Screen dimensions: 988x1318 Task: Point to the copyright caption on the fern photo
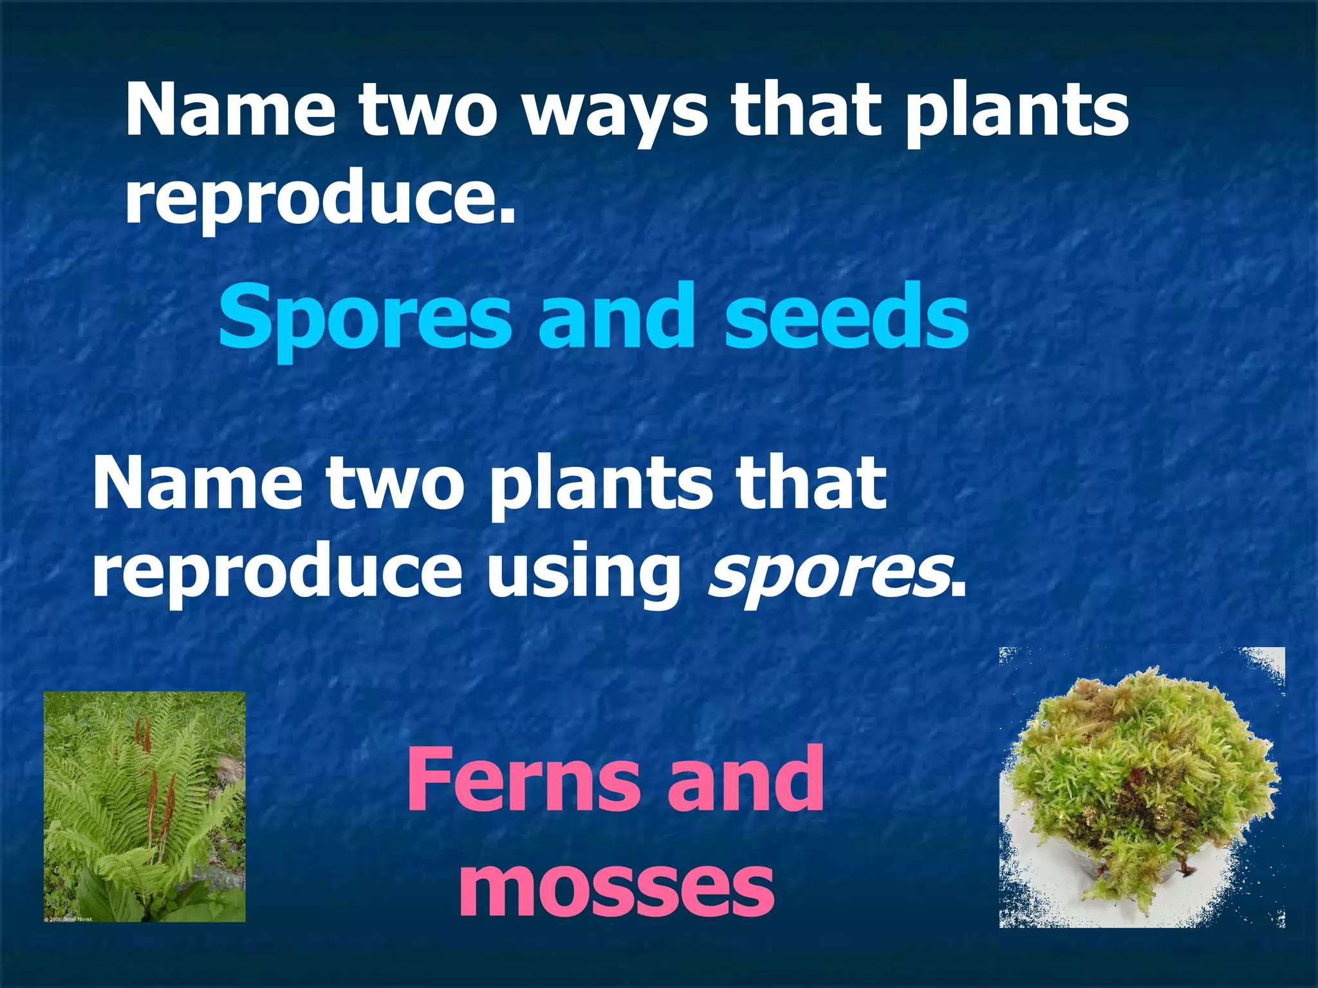[68, 919]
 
